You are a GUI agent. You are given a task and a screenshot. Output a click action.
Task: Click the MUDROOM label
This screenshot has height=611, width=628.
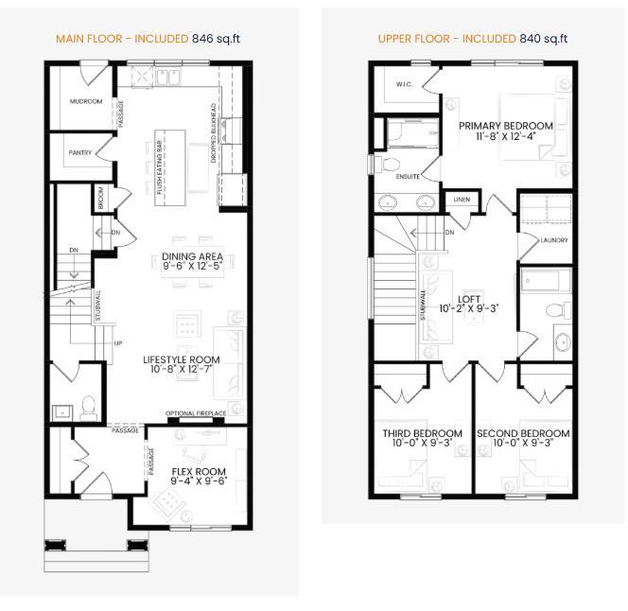tap(86, 101)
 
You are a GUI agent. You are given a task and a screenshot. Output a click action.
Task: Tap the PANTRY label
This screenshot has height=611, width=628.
tap(80, 152)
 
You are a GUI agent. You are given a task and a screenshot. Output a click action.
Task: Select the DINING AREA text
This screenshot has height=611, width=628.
tap(192, 255)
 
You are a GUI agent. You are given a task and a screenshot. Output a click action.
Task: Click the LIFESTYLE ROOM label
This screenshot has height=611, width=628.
tap(181, 359)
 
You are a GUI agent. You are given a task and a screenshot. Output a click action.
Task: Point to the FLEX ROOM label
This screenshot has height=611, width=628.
tap(198, 471)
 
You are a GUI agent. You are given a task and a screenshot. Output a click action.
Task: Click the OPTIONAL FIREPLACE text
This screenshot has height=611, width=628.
tap(196, 414)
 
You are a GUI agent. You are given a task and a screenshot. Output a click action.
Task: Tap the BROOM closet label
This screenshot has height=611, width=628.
tap(101, 198)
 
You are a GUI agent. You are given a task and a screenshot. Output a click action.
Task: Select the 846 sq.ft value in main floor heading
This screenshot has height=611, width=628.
tap(218, 39)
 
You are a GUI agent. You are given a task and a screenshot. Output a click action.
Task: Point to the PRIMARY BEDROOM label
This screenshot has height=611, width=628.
tap(506, 125)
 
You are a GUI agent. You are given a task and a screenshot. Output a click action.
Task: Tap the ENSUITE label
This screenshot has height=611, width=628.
tap(407, 176)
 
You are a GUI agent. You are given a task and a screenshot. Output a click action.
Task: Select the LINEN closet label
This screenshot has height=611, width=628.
tap(462, 200)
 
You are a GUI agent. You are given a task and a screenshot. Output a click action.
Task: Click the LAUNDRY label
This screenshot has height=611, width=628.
tap(553, 240)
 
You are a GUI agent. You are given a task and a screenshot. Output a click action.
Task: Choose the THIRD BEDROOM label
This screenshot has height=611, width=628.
tap(422, 434)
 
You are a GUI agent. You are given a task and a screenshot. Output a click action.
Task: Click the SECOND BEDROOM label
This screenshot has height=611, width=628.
tap(523, 434)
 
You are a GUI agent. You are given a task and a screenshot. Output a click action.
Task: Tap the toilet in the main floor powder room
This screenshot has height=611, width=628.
tap(90, 407)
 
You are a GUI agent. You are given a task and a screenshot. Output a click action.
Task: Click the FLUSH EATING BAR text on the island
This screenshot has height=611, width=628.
tap(160, 168)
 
